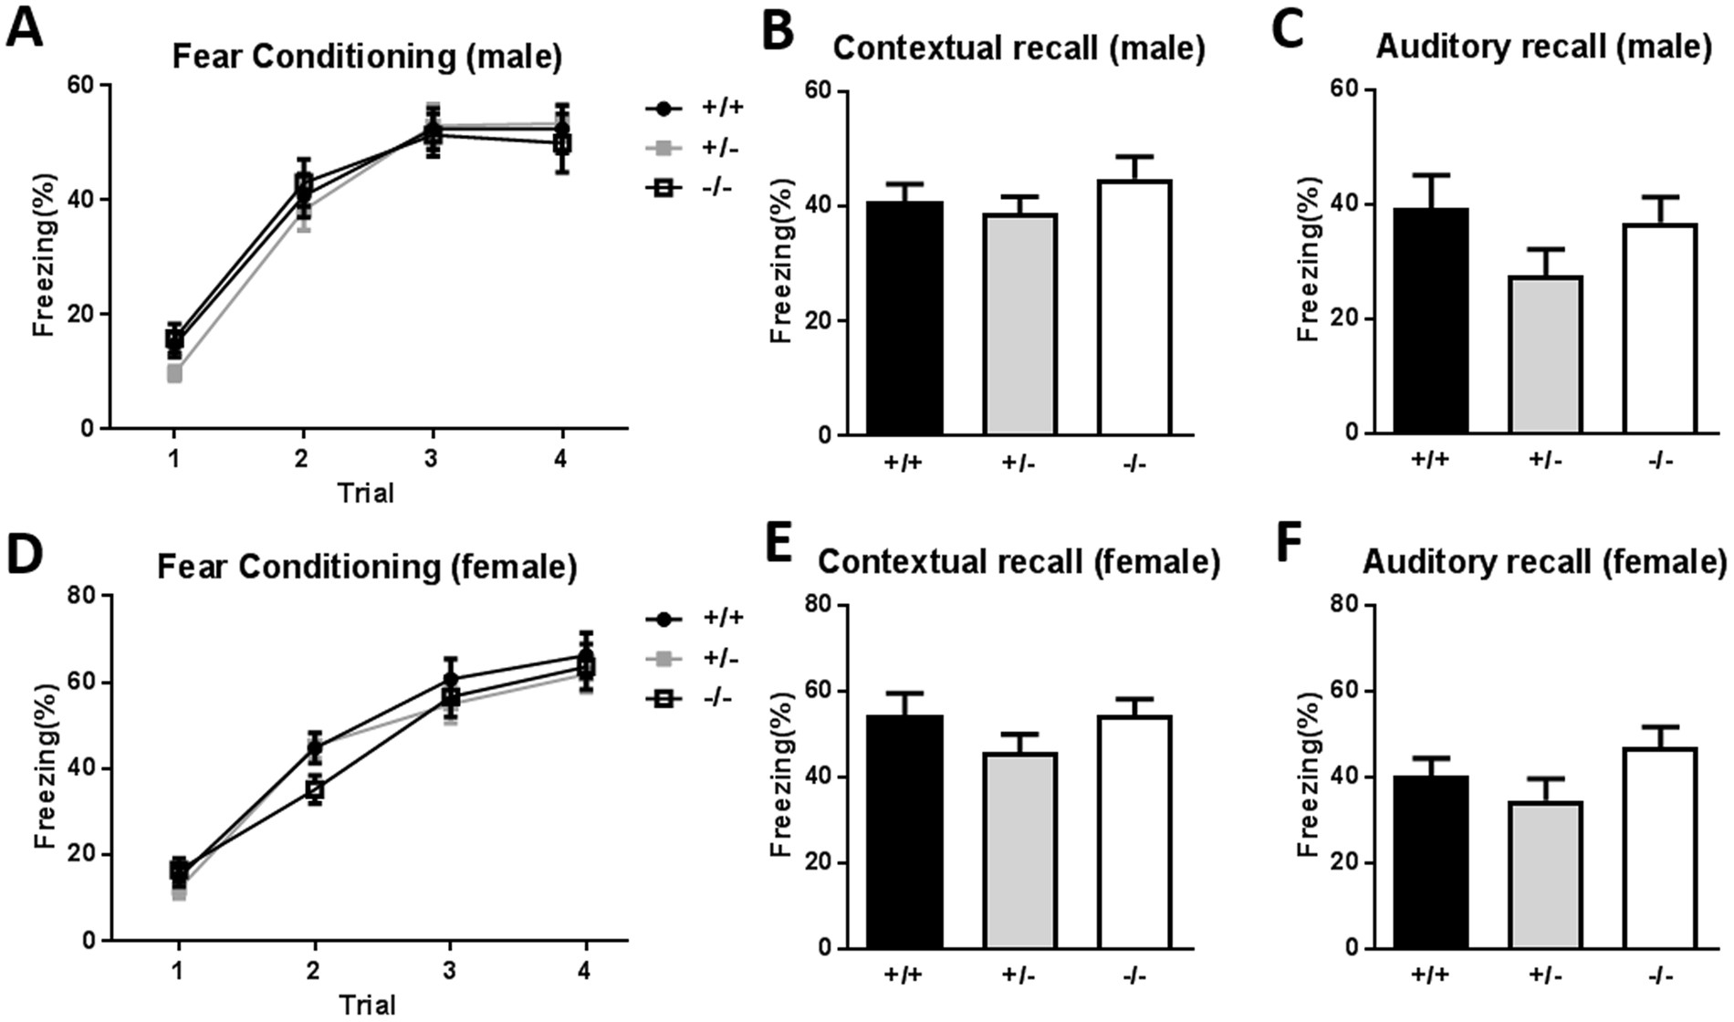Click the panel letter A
pyautogui.click(x=25, y=27)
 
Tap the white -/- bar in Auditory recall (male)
pyautogui.click(x=1659, y=328)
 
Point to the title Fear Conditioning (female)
pyautogui.click(x=367, y=567)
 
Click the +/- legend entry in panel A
pyautogui.click(x=694, y=148)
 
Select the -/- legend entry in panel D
pyautogui.click(x=694, y=699)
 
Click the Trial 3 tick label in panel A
pyautogui.click(x=431, y=459)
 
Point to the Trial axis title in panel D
pyautogui.click(x=367, y=1005)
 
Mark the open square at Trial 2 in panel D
pyautogui.click(x=315, y=789)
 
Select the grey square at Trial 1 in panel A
pyautogui.click(x=173, y=373)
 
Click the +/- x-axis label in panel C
pyautogui.click(x=1544, y=460)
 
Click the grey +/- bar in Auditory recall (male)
pyautogui.click(x=1544, y=354)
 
